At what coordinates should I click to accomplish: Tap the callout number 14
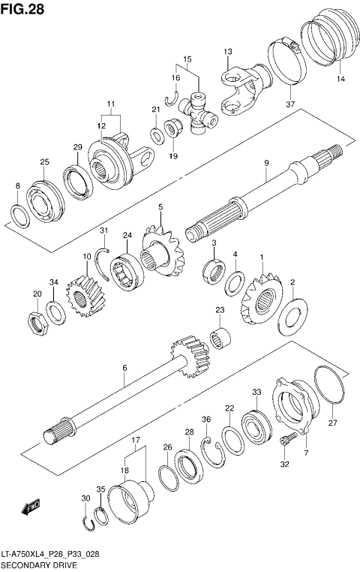[x=340, y=79]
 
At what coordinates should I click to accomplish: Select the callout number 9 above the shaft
[x=265, y=163]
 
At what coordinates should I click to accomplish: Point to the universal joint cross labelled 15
[x=201, y=111]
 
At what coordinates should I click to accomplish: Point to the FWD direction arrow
[x=31, y=508]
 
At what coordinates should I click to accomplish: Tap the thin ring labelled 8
[x=22, y=215]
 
